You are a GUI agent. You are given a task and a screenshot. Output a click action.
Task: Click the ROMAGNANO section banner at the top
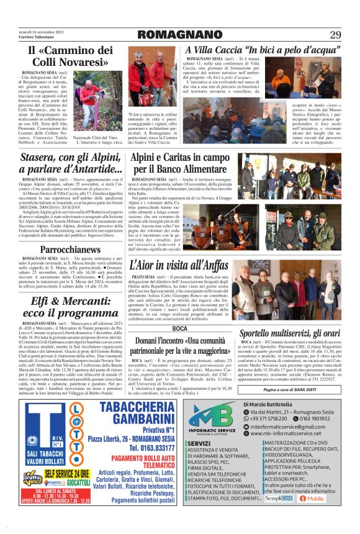[179, 34]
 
